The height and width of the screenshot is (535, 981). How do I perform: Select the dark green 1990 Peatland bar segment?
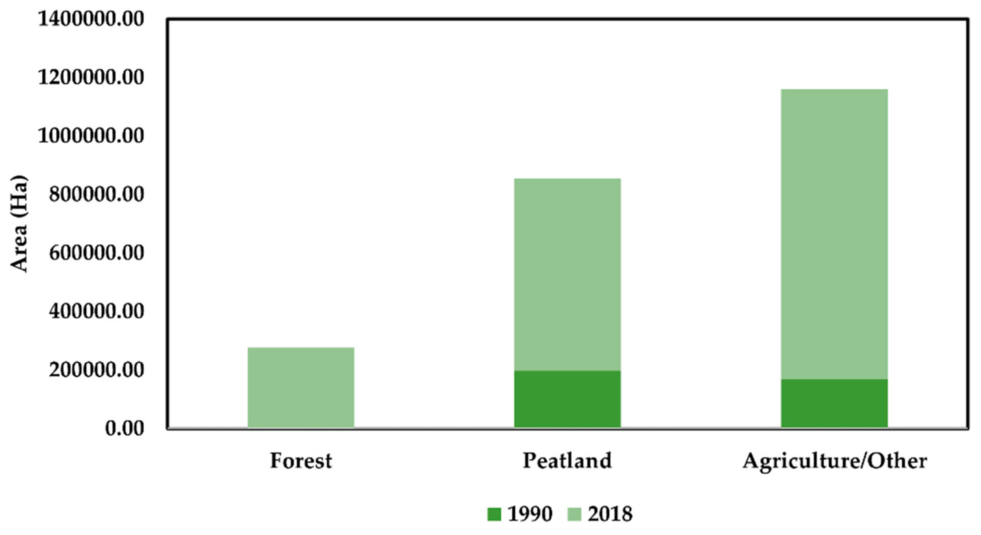pos(568,399)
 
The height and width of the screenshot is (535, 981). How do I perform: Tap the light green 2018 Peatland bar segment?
pos(568,274)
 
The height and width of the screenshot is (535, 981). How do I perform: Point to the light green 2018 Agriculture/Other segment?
pos(834,234)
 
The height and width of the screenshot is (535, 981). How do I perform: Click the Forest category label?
pos(301,461)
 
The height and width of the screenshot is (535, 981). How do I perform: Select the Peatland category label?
pos(567,461)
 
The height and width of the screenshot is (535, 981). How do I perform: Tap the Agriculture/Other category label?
pos(835,461)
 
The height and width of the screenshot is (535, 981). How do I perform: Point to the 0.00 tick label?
pos(125,428)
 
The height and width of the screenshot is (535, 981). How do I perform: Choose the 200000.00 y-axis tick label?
pos(97,370)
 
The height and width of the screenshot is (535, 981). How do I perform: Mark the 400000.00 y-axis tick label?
pos(97,311)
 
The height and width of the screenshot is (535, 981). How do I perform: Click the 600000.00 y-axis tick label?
pos(97,252)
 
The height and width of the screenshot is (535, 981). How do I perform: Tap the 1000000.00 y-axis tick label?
pos(92,136)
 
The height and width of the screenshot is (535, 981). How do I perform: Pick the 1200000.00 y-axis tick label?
pos(92,77)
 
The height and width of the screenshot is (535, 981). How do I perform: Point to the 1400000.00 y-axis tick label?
pos(92,19)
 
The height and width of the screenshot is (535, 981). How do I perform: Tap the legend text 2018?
pos(610,514)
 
